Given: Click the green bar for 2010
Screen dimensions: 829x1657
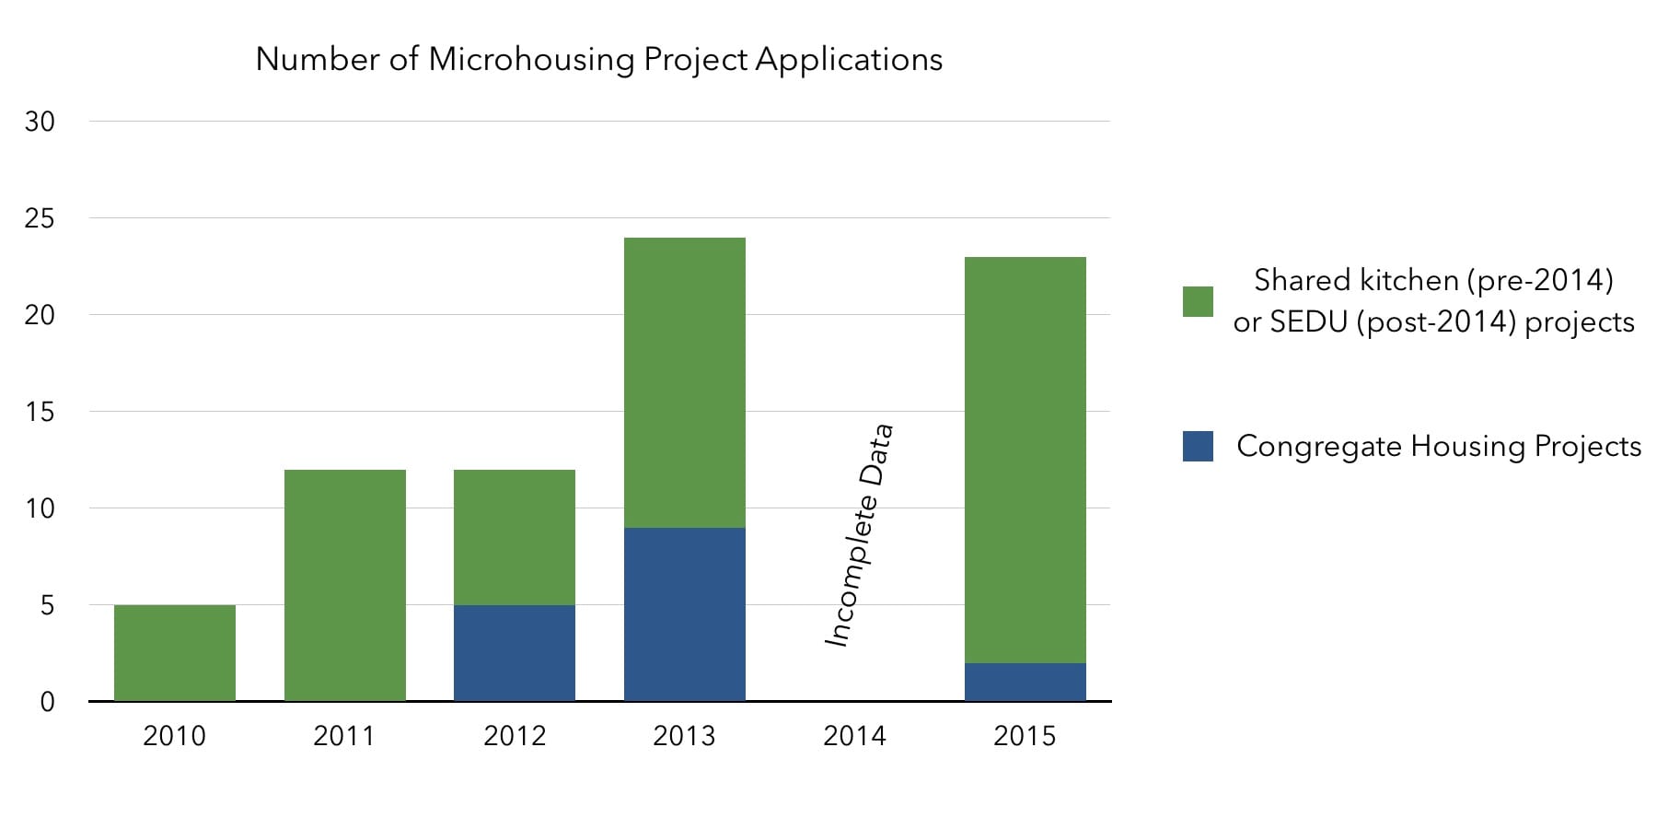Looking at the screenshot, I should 175,653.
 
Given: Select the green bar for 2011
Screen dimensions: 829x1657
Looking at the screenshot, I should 345,586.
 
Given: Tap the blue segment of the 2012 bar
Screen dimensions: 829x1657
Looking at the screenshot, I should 515,653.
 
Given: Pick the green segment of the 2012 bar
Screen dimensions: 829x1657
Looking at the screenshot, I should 515,537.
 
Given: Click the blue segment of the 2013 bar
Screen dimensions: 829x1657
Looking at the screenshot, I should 685,614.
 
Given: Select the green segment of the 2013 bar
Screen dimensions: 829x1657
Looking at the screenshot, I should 685,382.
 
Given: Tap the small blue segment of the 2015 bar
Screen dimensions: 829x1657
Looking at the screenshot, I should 1025,683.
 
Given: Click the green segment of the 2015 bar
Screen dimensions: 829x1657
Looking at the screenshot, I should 1025,460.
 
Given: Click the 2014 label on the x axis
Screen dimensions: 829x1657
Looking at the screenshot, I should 854,736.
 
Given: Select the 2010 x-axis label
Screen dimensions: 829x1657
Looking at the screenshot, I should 175,736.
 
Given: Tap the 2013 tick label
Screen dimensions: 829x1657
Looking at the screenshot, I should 684,736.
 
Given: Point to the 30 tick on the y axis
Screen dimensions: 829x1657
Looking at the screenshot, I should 40,122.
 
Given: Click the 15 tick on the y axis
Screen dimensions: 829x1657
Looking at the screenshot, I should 40,412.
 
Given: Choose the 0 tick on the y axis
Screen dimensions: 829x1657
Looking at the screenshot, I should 47,702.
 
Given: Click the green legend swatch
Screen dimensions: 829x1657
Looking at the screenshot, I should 1198,301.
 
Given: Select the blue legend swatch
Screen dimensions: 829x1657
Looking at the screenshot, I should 1198,446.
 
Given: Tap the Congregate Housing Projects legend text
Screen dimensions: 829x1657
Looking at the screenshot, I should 1439,446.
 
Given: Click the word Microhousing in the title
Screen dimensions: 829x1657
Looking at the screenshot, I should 531,59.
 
